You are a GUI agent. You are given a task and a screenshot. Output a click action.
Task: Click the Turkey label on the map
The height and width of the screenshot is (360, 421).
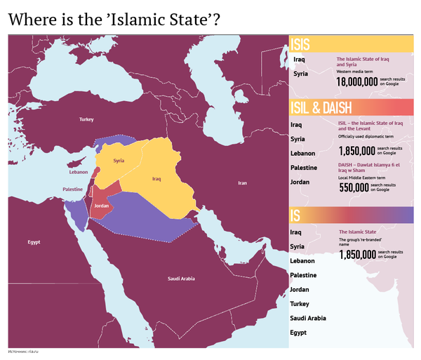point(86,120)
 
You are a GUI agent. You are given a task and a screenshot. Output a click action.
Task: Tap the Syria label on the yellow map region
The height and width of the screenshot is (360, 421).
point(119,161)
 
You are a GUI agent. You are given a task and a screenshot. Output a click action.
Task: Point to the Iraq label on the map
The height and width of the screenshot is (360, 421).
point(156,179)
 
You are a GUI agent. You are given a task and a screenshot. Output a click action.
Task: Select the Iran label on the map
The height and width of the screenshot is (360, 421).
point(242,183)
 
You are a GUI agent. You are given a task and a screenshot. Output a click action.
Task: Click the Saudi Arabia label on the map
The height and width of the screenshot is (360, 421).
point(181,279)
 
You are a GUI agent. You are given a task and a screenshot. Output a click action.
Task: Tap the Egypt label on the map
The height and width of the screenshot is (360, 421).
point(34,242)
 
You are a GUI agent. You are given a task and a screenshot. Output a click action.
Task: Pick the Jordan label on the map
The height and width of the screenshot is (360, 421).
point(102,206)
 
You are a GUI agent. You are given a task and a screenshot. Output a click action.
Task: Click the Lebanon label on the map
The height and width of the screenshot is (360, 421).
point(79,172)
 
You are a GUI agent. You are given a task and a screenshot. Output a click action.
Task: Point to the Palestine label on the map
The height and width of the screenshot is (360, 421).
point(73,190)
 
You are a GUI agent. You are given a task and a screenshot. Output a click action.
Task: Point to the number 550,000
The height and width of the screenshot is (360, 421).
point(354,187)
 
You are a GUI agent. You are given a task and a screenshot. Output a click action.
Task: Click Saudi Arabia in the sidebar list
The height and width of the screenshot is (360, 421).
point(308,318)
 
